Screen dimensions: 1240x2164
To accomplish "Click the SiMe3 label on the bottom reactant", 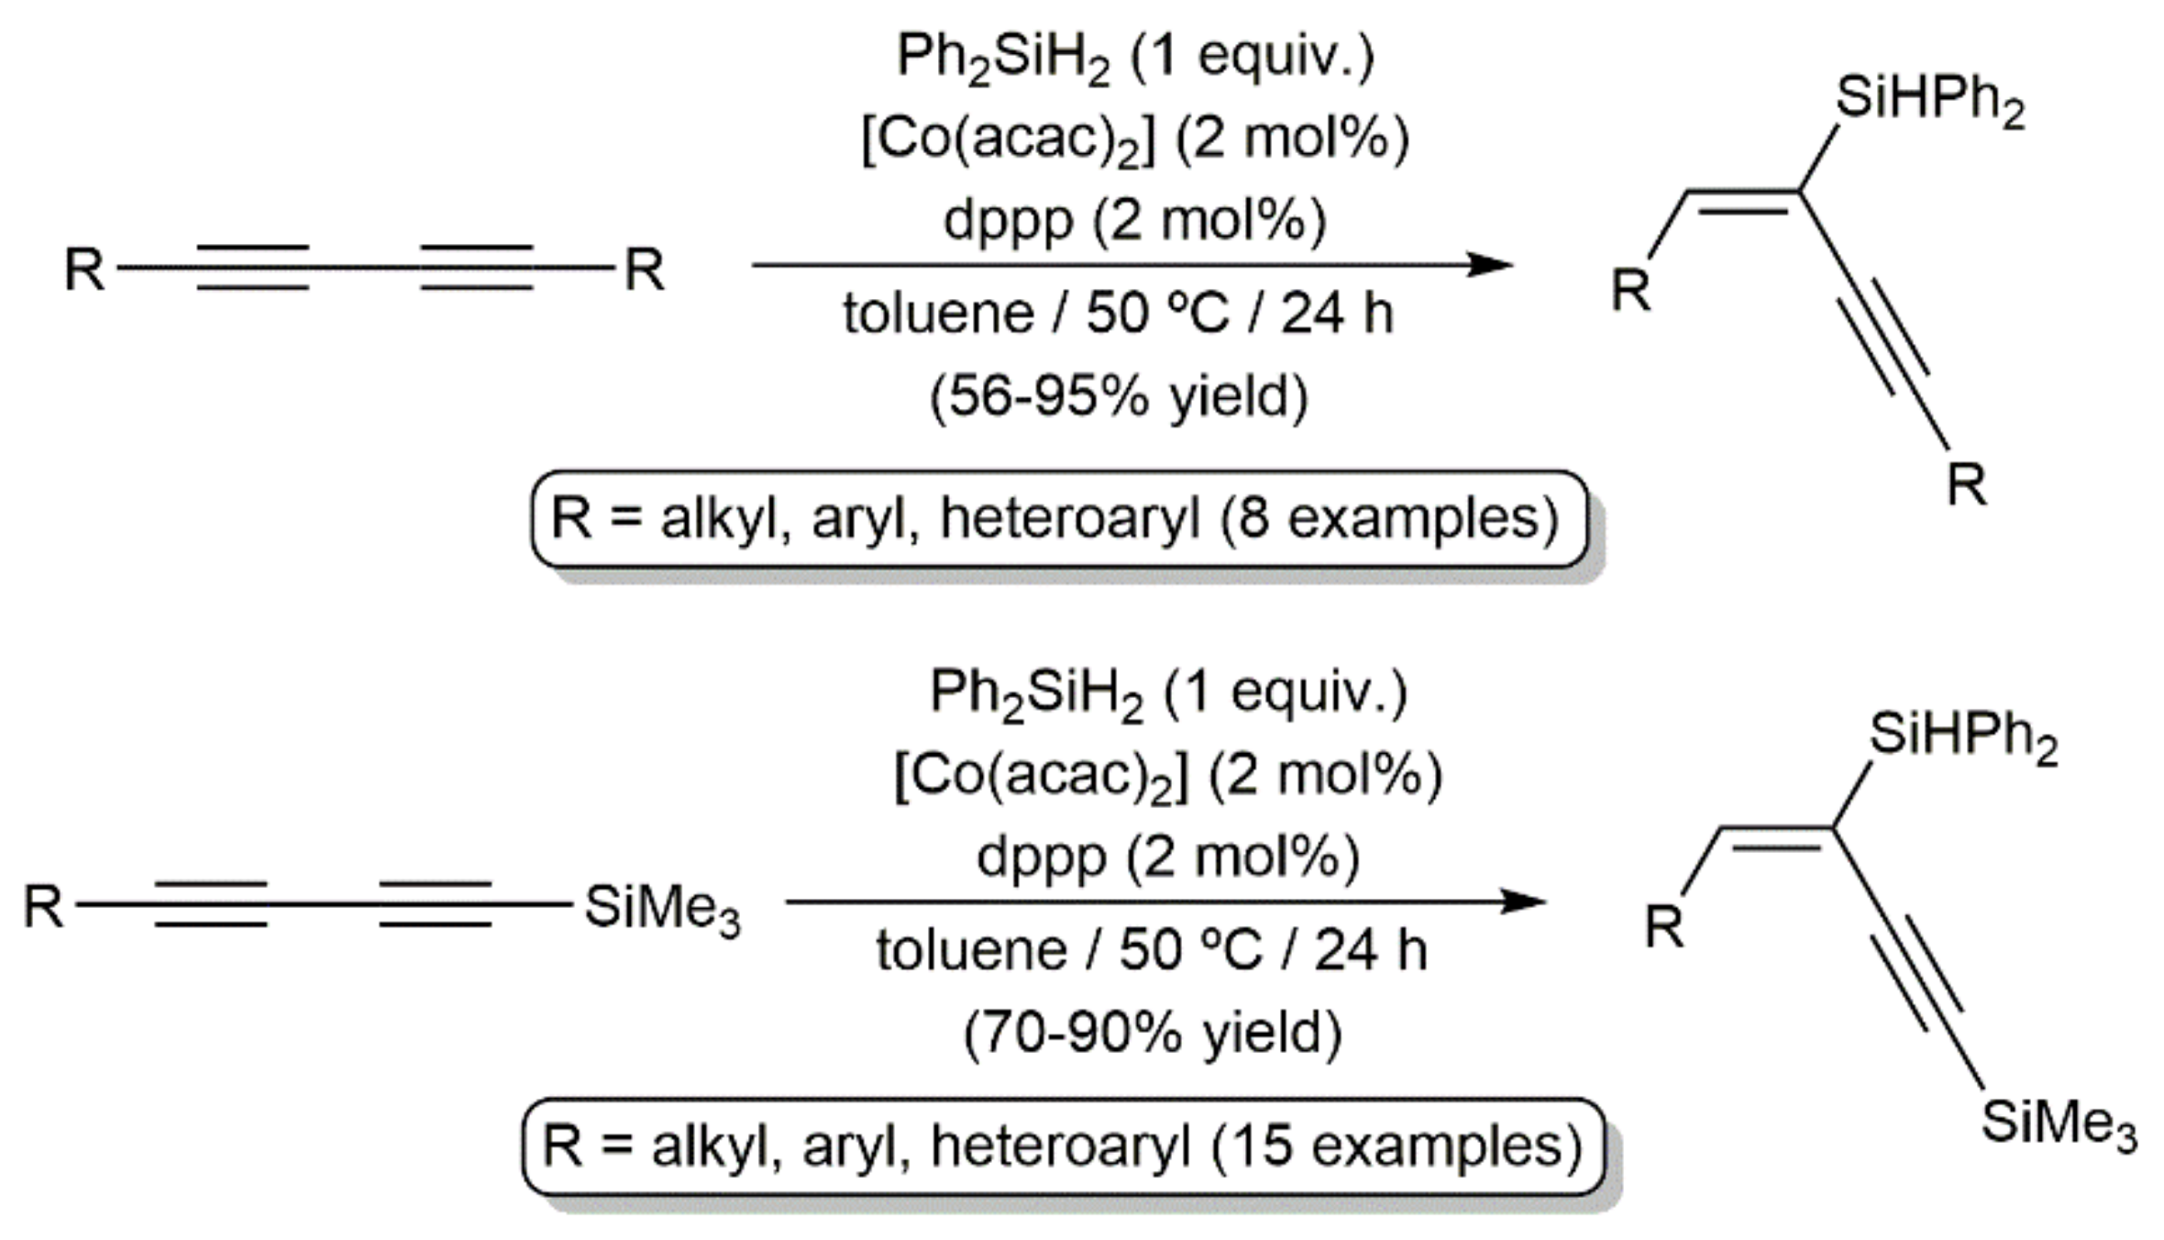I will [x=661, y=909].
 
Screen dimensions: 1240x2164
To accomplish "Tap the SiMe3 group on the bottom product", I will [x=2058, y=1123].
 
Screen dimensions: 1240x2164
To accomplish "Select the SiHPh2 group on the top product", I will [x=1929, y=100].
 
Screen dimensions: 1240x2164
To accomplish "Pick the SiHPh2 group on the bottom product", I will [x=1963, y=736].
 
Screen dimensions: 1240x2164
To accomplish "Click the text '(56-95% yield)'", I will [x=1119, y=397].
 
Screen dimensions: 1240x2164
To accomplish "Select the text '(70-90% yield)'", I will [x=1153, y=1033].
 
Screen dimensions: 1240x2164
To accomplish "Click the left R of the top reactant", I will [x=84, y=271].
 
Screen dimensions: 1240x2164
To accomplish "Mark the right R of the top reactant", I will [x=644, y=271].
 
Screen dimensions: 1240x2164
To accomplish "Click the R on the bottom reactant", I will [x=44, y=907].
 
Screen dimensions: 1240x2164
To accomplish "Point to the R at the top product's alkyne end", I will [x=1967, y=484].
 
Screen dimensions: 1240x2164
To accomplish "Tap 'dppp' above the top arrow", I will [x=1008, y=221].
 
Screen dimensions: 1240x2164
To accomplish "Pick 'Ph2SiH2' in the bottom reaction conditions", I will [x=1036, y=692].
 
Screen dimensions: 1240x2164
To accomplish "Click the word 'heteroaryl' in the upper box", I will [x=1069, y=518].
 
